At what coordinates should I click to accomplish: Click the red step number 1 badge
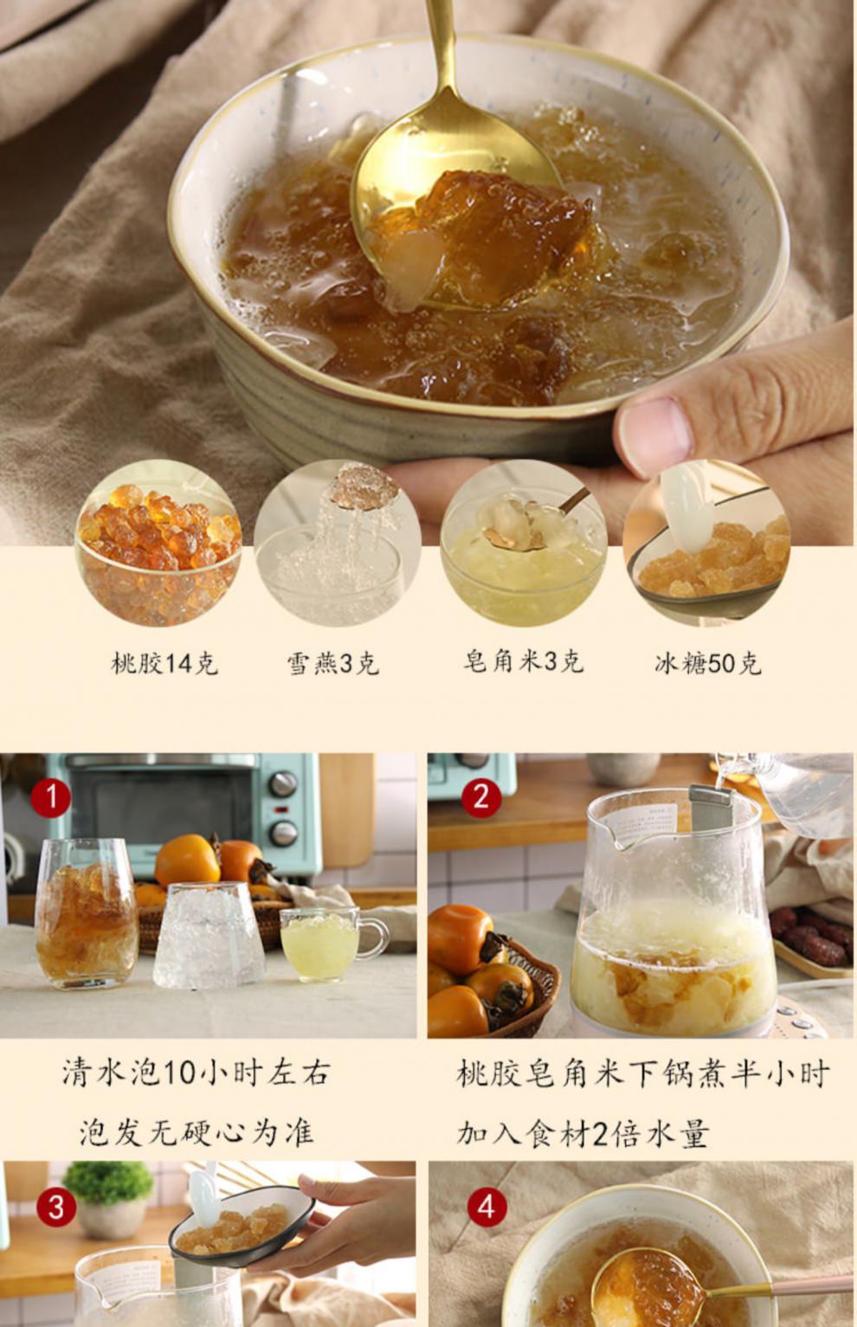[51, 797]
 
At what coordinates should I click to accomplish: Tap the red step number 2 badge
[481, 796]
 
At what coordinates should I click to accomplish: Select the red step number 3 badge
[55, 1207]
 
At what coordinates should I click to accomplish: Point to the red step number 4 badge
[486, 1207]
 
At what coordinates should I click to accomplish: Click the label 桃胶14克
[164, 664]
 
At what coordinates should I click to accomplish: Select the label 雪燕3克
[333, 664]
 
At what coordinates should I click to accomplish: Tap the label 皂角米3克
[523, 661]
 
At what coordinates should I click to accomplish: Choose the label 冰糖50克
[707, 664]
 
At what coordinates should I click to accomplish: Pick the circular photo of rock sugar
[706, 544]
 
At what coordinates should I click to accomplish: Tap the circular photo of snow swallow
[338, 544]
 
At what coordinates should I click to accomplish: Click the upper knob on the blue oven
[282, 784]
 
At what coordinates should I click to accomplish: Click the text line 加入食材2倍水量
[583, 1133]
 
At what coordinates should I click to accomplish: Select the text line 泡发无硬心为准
[197, 1132]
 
